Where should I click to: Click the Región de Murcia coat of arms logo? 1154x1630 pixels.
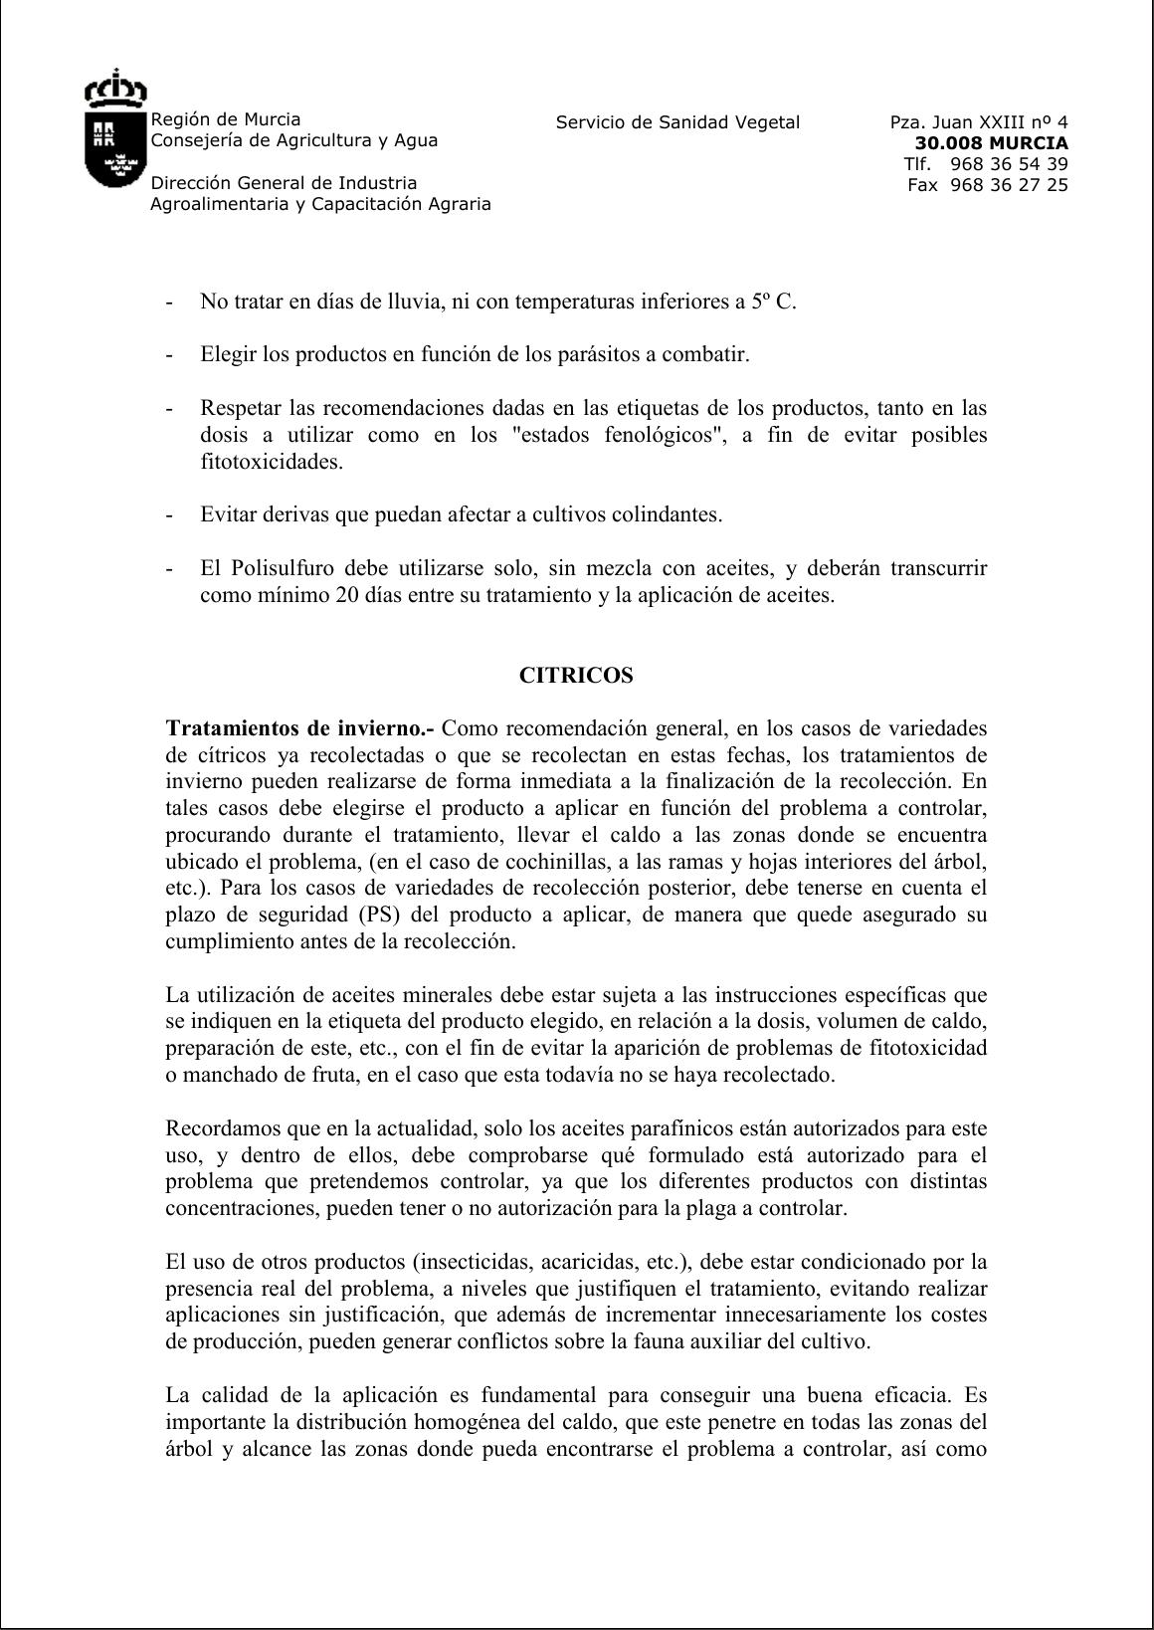click(115, 128)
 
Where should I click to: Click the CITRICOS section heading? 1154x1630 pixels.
click(576, 676)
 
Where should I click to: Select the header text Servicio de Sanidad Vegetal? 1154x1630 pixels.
click(677, 122)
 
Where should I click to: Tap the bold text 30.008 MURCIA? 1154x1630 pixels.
click(991, 143)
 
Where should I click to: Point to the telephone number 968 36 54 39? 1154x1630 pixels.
click(1009, 164)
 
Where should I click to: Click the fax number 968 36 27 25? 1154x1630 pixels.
click(1009, 185)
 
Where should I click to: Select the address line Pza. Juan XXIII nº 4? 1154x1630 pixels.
click(979, 122)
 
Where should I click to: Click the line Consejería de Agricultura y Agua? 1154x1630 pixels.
click(293, 140)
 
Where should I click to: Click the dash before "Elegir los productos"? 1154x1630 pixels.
click(170, 355)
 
